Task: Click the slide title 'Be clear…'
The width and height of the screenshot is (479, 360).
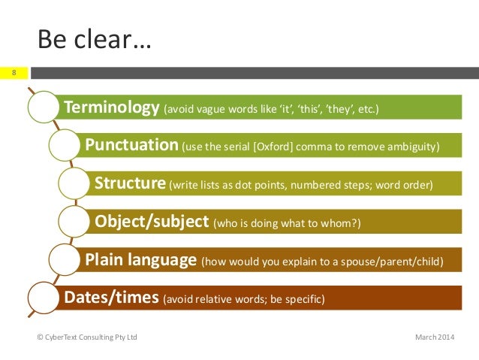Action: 94,38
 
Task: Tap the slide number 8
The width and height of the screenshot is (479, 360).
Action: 14,73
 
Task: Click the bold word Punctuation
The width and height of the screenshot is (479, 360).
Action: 131,145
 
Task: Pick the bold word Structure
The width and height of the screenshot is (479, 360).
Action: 130,183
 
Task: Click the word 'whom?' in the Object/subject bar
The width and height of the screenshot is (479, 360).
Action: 346,223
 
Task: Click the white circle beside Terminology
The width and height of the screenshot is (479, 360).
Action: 43,110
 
